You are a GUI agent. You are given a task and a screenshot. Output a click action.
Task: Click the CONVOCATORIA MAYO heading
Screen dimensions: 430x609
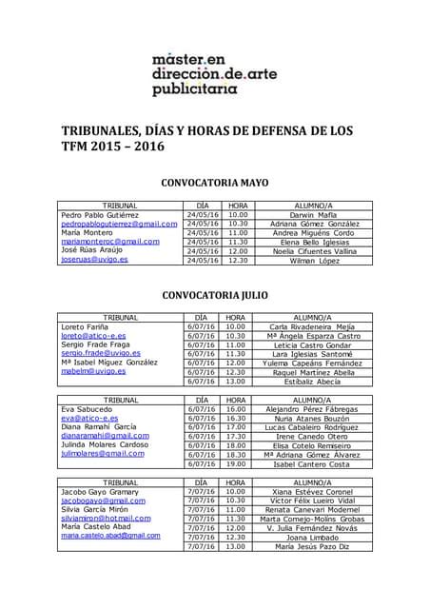click(214, 182)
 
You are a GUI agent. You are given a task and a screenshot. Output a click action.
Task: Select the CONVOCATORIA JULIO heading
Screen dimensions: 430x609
click(214, 295)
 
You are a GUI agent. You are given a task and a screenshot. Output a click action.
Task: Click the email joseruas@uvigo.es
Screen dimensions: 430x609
click(94, 260)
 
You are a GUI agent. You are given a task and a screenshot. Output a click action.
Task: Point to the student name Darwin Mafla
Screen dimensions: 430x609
click(313, 215)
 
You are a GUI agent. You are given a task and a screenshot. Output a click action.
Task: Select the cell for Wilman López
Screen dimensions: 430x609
click(313, 260)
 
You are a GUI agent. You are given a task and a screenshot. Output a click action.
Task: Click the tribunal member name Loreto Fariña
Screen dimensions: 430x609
click(86, 326)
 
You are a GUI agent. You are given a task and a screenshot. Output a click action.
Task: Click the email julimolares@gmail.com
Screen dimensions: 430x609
click(103, 454)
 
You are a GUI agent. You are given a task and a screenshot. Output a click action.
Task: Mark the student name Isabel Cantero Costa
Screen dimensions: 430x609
click(313, 463)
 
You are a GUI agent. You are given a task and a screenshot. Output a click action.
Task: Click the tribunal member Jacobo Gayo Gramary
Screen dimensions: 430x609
click(99, 491)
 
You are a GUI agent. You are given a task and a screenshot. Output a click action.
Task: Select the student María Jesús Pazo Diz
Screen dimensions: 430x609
click(313, 546)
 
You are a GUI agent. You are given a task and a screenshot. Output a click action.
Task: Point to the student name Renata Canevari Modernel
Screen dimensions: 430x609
click(313, 509)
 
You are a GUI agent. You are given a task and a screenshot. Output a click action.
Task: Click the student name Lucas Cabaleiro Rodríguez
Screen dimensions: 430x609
click(313, 427)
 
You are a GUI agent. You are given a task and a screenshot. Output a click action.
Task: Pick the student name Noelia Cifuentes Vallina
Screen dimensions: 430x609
click(313, 251)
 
